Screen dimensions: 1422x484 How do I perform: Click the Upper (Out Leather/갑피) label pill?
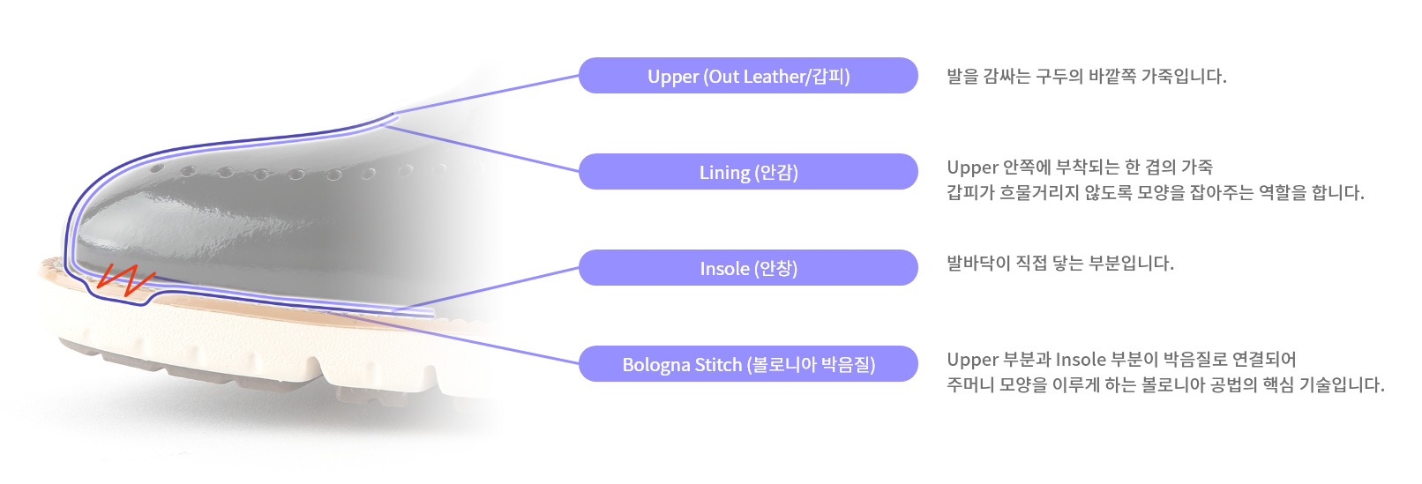pos(748,76)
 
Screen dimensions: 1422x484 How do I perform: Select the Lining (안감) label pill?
pos(748,171)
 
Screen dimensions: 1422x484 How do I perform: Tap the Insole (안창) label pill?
pos(748,268)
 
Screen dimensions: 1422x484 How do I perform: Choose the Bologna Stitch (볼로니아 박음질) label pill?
pos(748,363)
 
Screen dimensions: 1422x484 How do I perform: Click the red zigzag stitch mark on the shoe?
pos(125,279)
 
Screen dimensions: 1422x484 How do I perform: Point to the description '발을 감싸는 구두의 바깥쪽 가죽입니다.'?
pos(1086,76)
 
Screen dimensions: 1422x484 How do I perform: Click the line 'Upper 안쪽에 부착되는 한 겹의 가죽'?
pos(1080,167)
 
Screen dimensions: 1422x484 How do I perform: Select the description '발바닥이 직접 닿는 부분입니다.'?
pos(1060,263)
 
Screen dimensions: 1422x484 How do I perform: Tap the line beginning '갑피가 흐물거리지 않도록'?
pos(1156,192)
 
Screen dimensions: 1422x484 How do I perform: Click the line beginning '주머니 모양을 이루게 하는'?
pos(1165,384)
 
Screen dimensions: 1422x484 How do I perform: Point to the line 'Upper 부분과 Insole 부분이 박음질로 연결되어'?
pos(1121,359)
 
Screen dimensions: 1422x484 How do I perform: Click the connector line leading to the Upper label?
pos(486,94)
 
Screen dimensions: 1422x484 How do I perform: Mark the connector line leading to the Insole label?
pos(486,289)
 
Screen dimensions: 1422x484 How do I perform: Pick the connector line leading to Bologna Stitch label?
pos(454,339)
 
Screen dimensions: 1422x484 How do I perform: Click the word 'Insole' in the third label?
pos(724,268)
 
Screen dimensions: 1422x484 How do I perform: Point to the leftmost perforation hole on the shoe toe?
pos(156,169)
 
